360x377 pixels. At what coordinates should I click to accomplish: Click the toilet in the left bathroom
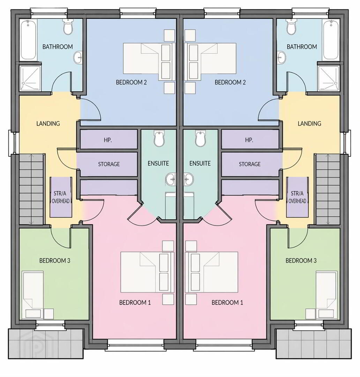(68, 27)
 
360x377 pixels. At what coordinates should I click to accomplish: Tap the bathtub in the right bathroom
(331, 40)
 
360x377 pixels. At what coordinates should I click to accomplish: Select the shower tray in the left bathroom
(30, 78)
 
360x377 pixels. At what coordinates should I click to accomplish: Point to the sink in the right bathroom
(282, 58)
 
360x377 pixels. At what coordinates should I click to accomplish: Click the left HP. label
(108, 140)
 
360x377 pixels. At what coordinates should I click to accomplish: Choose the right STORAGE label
(249, 164)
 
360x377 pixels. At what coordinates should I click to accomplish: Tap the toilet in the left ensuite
(159, 139)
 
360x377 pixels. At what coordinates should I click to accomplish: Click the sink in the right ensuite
(189, 179)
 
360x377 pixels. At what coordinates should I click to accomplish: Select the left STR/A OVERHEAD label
(61, 197)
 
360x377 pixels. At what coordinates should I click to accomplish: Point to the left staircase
(32, 189)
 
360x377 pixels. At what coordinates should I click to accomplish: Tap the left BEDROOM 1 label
(135, 302)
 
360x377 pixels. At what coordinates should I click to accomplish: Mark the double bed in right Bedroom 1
(211, 272)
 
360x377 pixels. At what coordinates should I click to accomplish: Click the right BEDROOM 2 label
(230, 82)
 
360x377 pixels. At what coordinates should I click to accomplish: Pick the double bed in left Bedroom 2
(149, 61)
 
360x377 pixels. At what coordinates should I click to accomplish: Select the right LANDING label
(309, 123)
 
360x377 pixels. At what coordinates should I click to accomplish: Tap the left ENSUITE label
(158, 163)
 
